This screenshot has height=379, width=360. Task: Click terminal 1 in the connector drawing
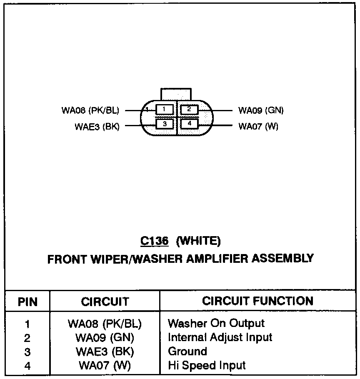point(164,110)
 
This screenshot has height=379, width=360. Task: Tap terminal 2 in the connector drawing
point(189,110)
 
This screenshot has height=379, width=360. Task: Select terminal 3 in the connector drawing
point(165,124)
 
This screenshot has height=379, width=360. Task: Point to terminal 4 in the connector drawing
point(189,124)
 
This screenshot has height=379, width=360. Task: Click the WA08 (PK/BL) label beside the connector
point(90,111)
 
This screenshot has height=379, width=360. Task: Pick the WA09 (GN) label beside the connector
point(261,111)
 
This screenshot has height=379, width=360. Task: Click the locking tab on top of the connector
point(176,94)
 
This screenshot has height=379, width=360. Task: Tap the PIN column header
point(27,302)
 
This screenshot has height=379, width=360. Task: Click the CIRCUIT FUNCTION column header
point(257,301)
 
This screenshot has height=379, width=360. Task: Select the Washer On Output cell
point(216,323)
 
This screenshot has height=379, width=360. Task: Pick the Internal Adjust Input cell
point(220,337)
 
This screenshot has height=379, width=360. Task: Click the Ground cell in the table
point(187,351)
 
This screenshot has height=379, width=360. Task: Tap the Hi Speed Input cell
point(207,365)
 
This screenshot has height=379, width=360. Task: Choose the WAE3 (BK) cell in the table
point(105,351)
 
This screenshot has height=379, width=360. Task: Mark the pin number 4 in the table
point(27,366)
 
